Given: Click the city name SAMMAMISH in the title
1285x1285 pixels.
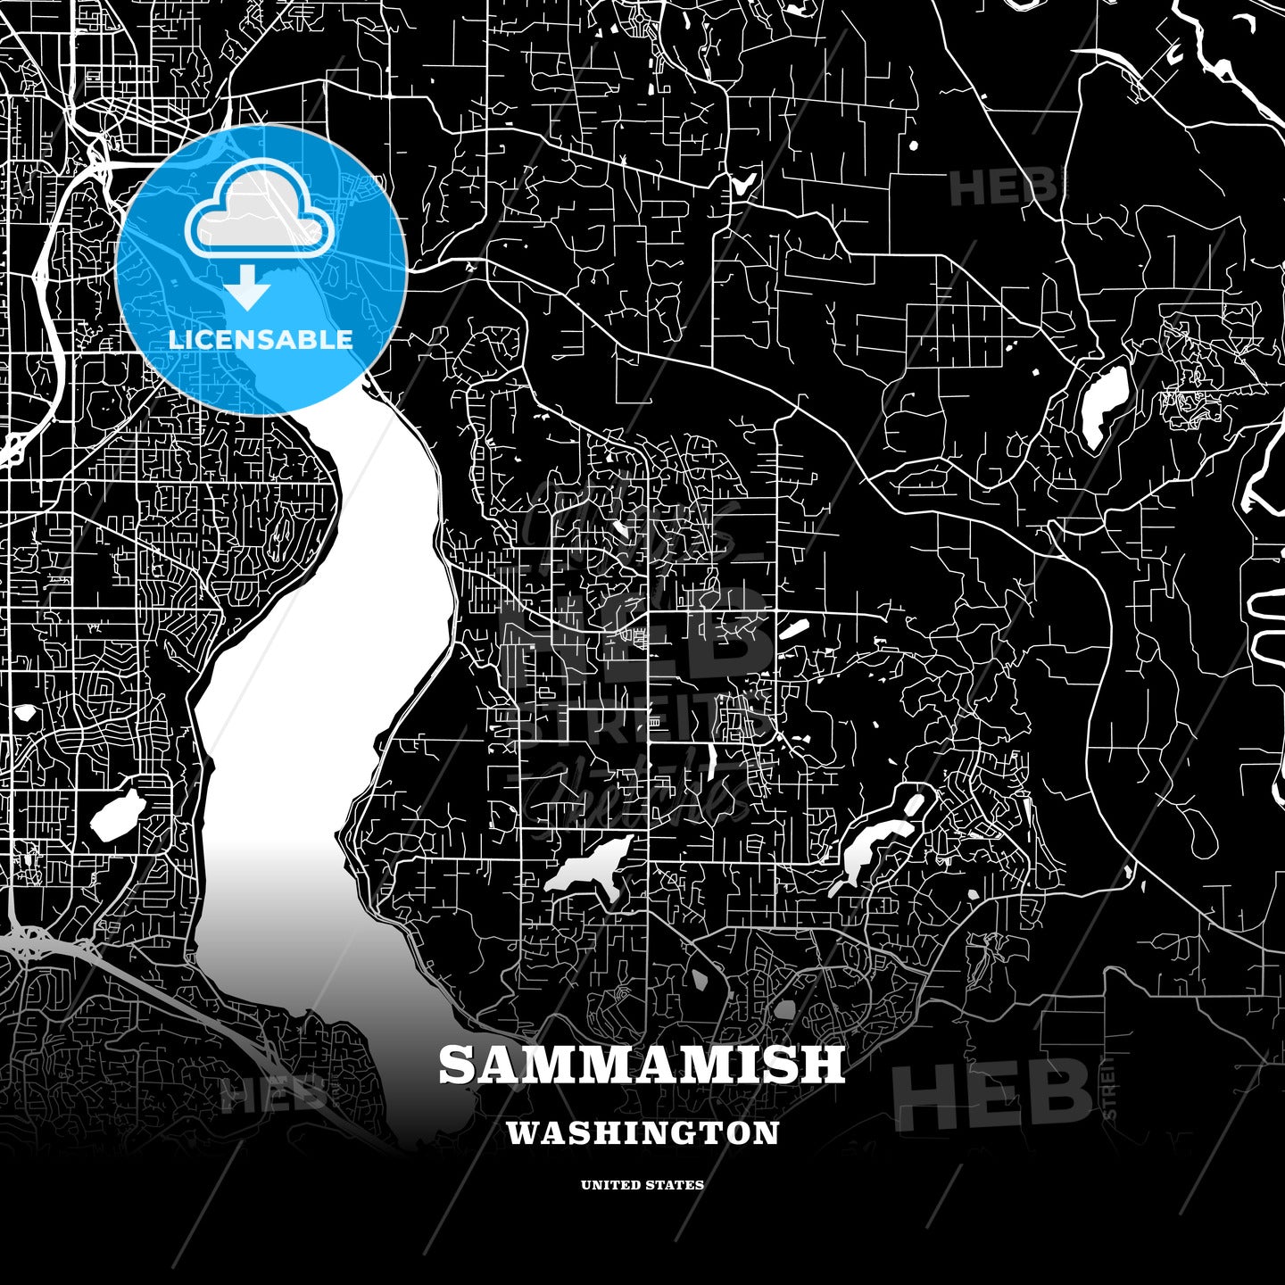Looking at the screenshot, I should tap(642, 1064).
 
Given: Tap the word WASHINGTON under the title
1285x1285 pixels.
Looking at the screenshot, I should tap(642, 1133).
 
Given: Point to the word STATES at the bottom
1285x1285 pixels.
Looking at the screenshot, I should tap(676, 1185).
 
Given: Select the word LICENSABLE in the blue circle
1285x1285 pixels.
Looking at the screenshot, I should tap(261, 340).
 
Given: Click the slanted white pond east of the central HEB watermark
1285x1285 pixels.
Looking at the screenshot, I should tap(792, 630).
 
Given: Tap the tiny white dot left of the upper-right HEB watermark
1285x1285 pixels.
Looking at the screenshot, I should tap(912, 144).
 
